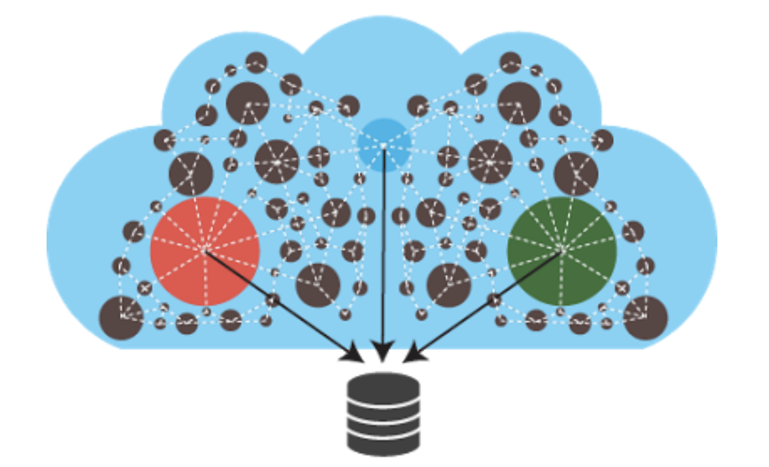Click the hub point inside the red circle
(205, 251)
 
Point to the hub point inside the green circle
(562, 251)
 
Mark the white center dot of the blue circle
(383, 145)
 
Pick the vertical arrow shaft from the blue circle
(383, 252)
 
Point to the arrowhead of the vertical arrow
(382, 352)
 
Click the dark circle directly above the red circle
(191, 172)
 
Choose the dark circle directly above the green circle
(576, 172)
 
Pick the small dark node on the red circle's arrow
(272, 300)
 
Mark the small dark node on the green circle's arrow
(494, 300)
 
